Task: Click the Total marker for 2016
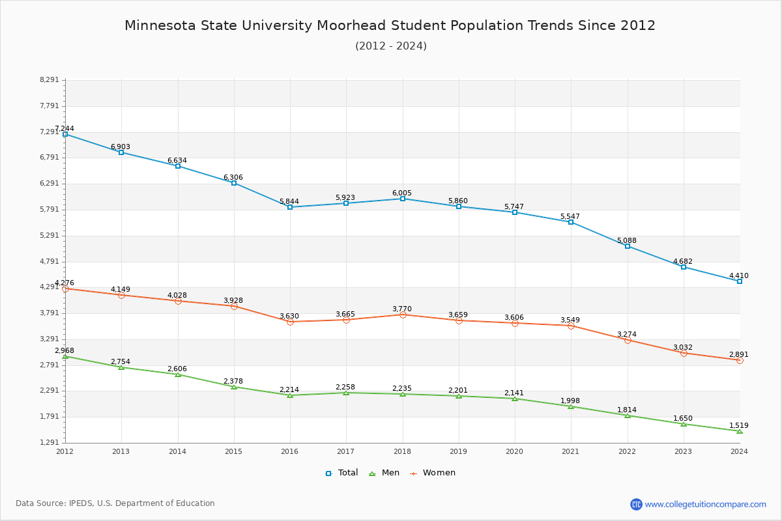pos(290,207)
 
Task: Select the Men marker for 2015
pos(234,387)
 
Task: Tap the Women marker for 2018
pos(403,315)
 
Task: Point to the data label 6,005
pos(402,193)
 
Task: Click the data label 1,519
pos(739,425)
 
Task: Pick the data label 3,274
pos(627,334)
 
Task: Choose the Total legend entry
pos(342,473)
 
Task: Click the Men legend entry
pos(384,473)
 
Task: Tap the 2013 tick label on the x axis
pos(121,451)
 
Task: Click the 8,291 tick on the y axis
pos(49,80)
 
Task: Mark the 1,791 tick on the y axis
pos(49,417)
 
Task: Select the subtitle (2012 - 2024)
pos(391,46)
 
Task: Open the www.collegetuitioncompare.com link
pos(705,504)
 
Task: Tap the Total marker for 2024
pos(740,281)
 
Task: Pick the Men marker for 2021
pos(571,406)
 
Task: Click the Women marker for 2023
pos(684,353)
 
